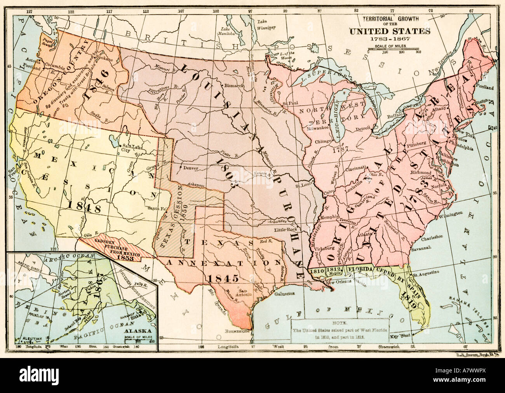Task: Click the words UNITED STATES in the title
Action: point(391,31)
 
